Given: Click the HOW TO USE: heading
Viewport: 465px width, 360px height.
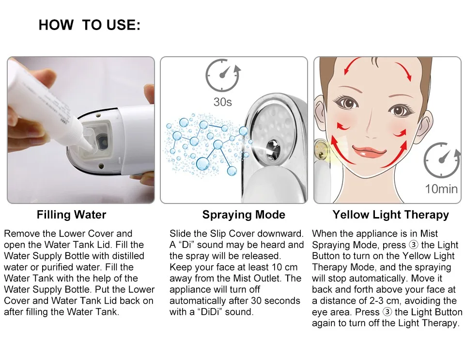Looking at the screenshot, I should [x=90, y=26].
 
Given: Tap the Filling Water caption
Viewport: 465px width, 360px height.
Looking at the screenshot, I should [x=71, y=215].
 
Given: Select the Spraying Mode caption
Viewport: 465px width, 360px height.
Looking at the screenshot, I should [x=244, y=215].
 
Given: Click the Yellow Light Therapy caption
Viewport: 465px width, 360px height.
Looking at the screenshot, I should [x=390, y=215].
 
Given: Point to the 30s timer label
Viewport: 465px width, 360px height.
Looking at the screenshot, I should [x=223, y=102].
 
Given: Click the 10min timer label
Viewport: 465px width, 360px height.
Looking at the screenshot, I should [x=441, y=188].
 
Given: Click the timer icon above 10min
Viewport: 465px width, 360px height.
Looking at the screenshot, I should [x=441, y=160].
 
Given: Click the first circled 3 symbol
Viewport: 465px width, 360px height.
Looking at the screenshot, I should [x=413, y=245].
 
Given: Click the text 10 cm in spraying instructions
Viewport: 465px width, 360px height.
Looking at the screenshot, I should [x=289, y=267].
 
